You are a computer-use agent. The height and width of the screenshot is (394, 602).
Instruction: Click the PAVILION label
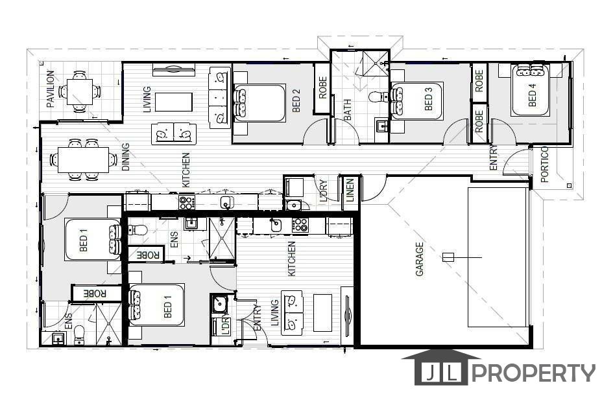[51, 89]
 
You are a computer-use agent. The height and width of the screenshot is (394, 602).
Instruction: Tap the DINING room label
[126, 157]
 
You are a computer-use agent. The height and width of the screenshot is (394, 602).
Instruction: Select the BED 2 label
[296, 100]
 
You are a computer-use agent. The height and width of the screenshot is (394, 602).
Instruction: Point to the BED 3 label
[428, 98]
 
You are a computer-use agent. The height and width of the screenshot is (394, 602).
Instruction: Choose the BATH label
[348, 110]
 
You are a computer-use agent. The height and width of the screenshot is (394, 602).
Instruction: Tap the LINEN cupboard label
[350, 191]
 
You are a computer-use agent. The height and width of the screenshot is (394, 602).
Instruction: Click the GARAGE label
[419, 259]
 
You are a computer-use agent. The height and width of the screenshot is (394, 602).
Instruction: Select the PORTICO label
[544, 164]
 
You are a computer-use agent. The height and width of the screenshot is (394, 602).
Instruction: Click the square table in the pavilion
[80, 91]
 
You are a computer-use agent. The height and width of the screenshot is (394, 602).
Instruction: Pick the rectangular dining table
[83, 159]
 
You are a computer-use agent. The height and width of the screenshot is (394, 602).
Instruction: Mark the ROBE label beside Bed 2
[322, 88]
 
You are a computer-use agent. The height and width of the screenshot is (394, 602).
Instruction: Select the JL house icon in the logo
[440, 367]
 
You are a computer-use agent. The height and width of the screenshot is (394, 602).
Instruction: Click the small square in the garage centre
[448, 257]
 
